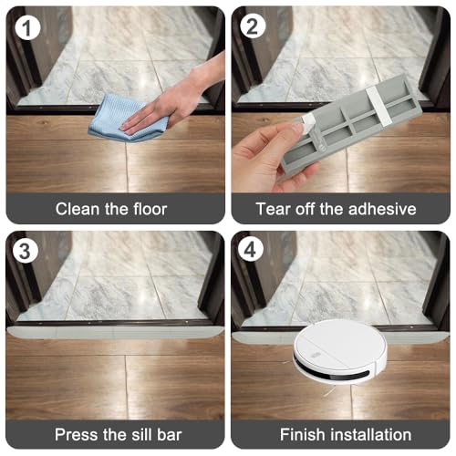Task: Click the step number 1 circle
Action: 27,27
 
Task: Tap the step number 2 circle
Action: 253,26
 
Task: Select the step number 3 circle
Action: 26,252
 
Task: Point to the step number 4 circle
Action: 250,250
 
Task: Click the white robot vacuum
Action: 340,351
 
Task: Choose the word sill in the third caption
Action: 142,434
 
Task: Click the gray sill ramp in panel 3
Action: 116,332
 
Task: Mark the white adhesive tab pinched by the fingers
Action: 306,122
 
